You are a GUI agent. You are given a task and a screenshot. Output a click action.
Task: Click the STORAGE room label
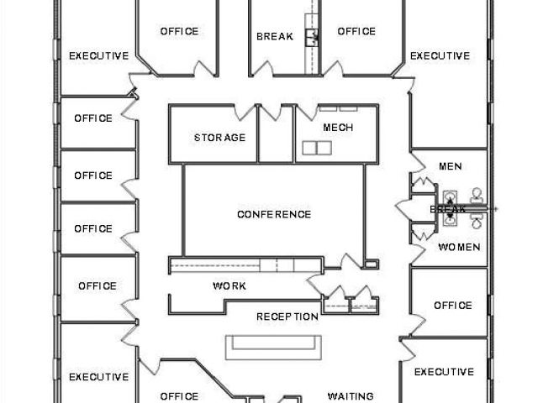tap(219, 138)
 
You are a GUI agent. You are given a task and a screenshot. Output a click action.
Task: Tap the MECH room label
tap(338, 128)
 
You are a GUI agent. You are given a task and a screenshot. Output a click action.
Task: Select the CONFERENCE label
tap(274, 214)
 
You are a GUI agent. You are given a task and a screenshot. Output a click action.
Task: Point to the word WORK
tap(229, 286)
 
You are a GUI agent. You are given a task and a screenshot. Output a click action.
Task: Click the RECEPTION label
tap(287, 317)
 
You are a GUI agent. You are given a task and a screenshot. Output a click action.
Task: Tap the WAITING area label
tap(351, 396)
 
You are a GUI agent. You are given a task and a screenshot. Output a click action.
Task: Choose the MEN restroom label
tap(451, 166)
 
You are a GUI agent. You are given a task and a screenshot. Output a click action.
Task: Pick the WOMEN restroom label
tap(459, 248)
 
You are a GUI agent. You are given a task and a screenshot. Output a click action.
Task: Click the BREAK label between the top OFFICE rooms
tap(274, 37)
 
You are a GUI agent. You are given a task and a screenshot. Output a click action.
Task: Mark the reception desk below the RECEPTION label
tap(274, 345)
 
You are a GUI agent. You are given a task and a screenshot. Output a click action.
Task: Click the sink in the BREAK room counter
tap(313, 36)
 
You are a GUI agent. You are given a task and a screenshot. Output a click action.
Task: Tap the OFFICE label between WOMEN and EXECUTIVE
tap(453, 306)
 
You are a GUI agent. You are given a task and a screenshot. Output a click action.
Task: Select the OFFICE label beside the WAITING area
tap(179, 396)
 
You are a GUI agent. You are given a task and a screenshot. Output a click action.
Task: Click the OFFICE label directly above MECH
tap(356, 32)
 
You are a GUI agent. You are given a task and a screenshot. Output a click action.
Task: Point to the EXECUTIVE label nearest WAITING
tap(444, 372)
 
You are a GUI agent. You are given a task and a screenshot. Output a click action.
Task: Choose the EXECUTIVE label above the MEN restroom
tap(440, 56)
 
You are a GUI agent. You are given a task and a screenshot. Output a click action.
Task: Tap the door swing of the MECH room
tap(305, 111)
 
